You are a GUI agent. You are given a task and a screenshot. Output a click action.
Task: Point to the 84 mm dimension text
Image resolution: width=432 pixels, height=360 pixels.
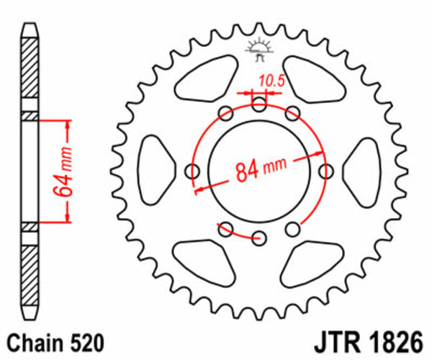259,169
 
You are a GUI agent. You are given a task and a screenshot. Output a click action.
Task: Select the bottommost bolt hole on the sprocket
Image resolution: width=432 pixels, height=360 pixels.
260,238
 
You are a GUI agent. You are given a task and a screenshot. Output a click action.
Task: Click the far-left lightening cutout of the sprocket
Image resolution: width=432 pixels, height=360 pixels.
153,171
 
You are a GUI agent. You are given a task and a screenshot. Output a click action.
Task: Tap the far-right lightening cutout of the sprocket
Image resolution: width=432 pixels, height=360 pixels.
365,171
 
